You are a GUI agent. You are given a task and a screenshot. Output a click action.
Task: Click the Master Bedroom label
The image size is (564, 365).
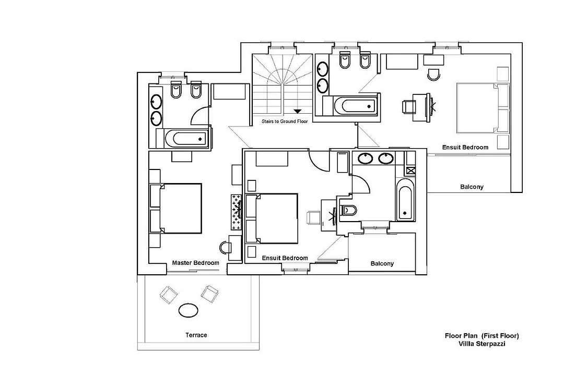195,263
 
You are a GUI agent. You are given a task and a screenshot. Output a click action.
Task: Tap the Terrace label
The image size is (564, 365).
196,335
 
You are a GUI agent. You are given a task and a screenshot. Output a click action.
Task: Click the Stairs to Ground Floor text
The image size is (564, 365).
285,121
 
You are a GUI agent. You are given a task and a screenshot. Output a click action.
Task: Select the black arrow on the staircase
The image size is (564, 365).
298,112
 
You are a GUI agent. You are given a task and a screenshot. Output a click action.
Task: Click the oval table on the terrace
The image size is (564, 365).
188,310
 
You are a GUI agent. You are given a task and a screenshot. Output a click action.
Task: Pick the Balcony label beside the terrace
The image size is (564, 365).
382,263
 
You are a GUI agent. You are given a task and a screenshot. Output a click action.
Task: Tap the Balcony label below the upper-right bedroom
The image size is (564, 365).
472,187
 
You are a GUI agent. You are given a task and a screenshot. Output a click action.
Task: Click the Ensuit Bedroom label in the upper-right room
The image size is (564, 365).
465,147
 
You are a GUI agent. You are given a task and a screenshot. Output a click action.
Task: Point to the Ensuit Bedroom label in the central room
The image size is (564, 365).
285,258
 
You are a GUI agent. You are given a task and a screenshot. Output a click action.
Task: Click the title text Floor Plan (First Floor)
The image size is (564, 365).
481,336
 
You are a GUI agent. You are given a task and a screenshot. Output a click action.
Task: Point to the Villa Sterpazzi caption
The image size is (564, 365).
481,344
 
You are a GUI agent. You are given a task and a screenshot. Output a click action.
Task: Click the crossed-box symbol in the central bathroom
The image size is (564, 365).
411,171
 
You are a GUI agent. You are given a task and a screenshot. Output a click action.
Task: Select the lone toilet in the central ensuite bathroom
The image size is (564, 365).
348,210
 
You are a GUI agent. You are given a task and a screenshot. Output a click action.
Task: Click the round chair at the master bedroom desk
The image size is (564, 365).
225,248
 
